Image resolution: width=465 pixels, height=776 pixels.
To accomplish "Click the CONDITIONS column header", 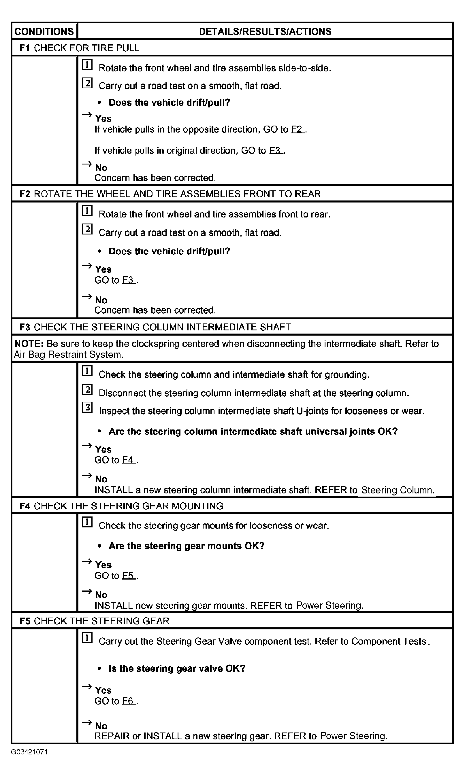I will (x=44, y=31).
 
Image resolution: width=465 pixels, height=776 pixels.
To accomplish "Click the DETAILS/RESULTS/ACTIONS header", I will (x=265, y=31).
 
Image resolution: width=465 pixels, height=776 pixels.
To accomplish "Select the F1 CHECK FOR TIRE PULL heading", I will (x=79, y=48).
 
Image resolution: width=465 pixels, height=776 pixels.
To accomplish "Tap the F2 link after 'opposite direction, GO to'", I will (x=297, y=129).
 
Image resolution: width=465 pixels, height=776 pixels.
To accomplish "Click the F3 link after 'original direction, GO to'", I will (x=275, y=151).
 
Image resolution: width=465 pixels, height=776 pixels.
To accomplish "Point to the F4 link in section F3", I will (x=128, y=460).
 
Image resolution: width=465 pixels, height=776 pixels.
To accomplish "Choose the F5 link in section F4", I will (x=128, y=575).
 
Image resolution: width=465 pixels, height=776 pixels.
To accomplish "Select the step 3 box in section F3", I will (x=87, y=407).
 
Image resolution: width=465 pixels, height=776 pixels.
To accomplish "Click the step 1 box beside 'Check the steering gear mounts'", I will (x=87, y=522).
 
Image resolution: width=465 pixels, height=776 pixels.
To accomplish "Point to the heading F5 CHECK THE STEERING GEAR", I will (x=94, y=621).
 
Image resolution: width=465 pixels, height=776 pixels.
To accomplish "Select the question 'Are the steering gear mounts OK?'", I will (x=187, y=546).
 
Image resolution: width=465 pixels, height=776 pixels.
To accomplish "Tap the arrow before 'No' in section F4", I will (x=87, y=591).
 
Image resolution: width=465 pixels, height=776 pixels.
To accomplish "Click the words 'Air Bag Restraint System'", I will (x=68, y=355).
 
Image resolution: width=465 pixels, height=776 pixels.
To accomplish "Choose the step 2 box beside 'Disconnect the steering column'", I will (x=87, y=389).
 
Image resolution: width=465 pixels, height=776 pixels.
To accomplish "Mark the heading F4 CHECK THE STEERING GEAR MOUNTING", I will (x=121, y=506).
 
